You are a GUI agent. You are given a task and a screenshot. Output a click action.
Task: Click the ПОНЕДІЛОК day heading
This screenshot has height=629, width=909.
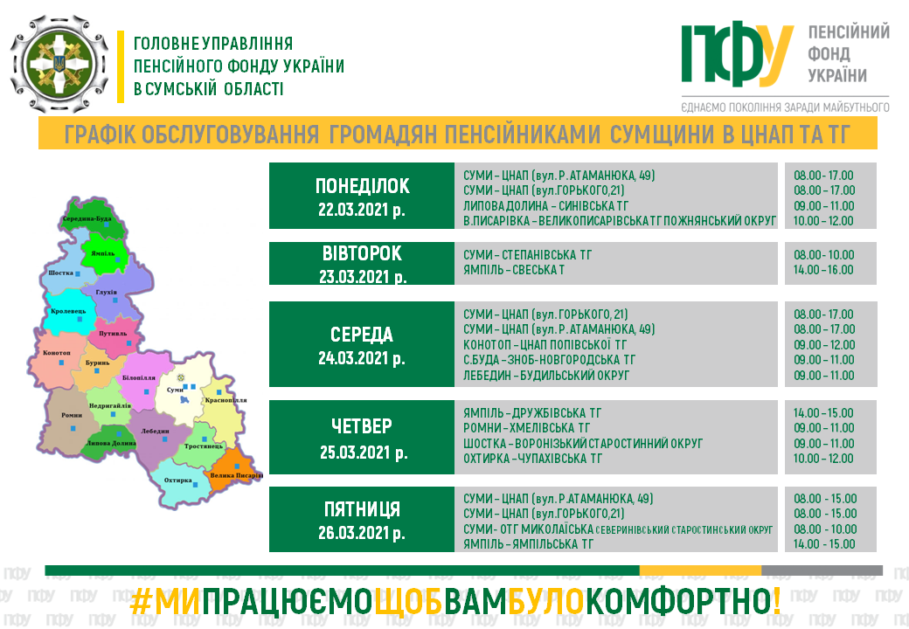click(x=363, y=186)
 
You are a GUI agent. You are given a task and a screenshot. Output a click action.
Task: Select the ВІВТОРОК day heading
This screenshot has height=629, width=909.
click(x=362, y=253)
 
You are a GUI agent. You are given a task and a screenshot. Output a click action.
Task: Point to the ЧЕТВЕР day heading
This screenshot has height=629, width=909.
click(x=362, y=426)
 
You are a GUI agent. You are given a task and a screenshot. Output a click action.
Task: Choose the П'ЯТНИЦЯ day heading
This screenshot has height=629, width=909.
click(x=362, y=509)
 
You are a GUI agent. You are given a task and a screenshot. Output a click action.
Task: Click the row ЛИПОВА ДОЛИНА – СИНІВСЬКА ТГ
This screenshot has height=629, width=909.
click(x=545, y=205)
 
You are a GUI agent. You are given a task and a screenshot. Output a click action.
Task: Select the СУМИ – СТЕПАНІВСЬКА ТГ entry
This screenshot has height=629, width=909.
click(x=528, y=255)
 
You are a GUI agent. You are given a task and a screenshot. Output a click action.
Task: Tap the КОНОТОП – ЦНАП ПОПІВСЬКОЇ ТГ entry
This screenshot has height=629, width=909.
click(x=545, y=344)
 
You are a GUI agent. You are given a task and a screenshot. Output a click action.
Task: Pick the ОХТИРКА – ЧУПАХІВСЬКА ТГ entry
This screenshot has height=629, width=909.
click(x=532, y=459)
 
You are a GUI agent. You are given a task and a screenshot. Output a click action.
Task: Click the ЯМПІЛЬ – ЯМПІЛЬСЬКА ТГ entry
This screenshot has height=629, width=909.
click(x=528, y=544)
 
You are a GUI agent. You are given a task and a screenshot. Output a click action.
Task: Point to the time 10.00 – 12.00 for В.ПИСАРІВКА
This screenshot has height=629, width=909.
click(x=823, y=221)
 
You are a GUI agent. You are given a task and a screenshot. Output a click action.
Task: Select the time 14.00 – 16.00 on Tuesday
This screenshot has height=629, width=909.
click(x=823, y=270)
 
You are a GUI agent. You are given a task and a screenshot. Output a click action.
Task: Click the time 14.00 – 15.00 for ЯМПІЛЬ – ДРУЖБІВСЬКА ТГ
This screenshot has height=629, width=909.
click(x=823, y=413)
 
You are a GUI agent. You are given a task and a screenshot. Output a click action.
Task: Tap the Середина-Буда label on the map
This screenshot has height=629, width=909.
click(x=87, y=218)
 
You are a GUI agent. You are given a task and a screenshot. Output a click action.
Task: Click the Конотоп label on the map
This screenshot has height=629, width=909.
click(x=56, y=353)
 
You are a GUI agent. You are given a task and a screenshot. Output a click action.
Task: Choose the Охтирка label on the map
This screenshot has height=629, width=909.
click(x=178, y=480)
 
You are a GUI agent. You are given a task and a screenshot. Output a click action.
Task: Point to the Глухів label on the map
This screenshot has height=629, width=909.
click(x=106, y=293)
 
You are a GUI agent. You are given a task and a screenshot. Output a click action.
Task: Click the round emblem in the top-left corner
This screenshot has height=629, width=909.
click(x=59, y=64)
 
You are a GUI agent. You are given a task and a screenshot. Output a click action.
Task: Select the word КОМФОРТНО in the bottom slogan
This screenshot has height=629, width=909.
click(x=683, y=602)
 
